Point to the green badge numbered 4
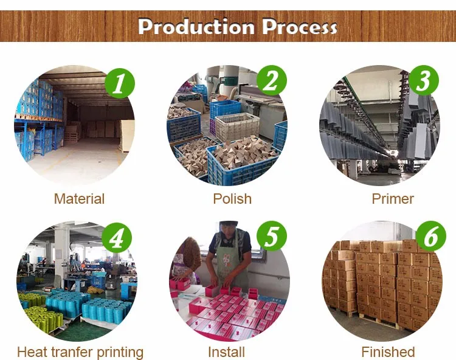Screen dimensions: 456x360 (117, 237)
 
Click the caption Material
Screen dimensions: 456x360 (79, 199)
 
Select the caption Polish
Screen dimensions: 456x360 (232, 199)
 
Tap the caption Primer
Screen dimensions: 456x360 (393, 199)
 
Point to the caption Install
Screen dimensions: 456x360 (226, 352)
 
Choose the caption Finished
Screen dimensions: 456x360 (388, 352)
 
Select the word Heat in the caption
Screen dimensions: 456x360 (30, 352)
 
